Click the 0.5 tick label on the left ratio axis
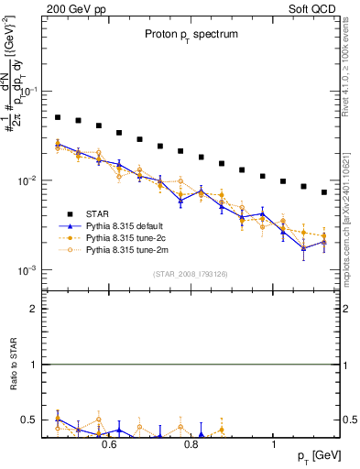point(30,420)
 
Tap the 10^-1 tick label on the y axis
point(29,92)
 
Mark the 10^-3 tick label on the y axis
point(29,270)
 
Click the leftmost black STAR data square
point(58,117)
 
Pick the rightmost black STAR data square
point(324,192)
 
